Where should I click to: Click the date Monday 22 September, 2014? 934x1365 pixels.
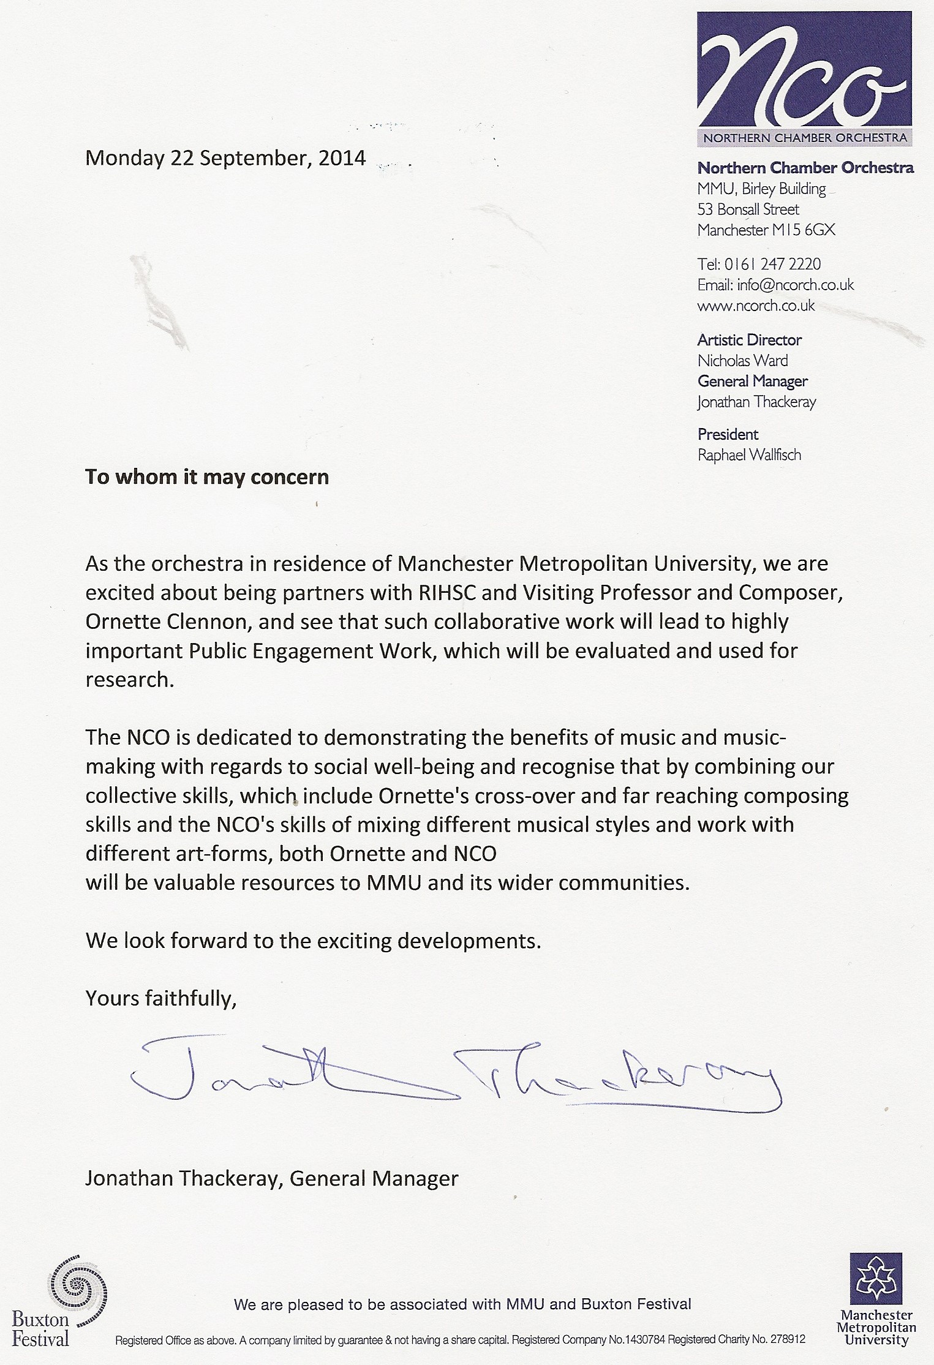[x=225, y=158]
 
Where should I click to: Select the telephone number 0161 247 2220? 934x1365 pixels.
[x=772, y=264]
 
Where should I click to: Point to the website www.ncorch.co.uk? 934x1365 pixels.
[x=756, y=306]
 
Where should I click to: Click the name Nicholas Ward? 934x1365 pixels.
[x=742, y=361]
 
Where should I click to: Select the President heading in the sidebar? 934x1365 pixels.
[x=728, y=434]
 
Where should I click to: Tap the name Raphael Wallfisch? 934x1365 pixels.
[x=749, y=455]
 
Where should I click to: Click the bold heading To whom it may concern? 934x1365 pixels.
[x=207, y=476]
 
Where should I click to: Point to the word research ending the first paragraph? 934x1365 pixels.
[x=127, y=680]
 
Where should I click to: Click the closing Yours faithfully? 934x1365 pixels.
[x=160, y=998]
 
